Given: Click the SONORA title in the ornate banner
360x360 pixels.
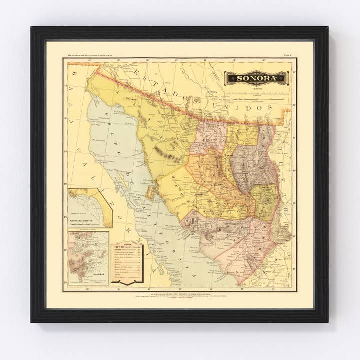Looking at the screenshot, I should click(x=256, y=78).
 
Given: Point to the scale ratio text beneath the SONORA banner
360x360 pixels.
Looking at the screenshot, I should click(x=256, y=88).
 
